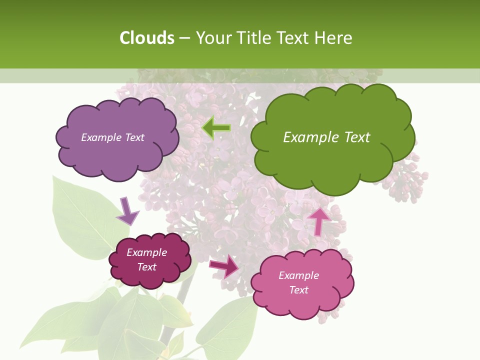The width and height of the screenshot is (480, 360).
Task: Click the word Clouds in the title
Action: coord(146,38)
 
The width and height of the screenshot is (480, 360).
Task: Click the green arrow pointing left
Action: coord(216,128)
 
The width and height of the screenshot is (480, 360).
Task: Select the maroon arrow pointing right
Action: coord(224,265)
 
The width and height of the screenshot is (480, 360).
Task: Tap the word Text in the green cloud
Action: coord(357,137)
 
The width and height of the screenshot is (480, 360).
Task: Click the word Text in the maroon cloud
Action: coord(147,267)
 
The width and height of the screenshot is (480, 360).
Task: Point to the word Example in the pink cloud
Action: coord(298,275)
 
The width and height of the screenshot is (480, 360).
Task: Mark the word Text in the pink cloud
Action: coord(299,290)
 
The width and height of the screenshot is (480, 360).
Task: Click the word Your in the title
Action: coord(212,38)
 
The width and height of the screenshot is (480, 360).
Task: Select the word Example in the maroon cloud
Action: coord(147,252)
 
